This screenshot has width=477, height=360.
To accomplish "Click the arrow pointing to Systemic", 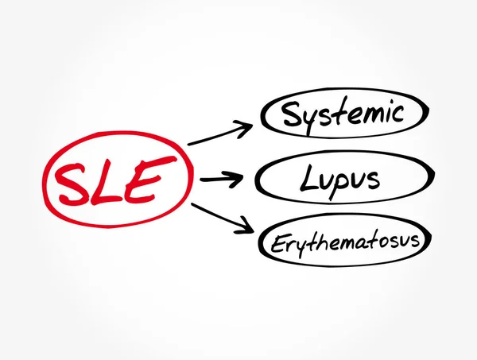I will point(219,134).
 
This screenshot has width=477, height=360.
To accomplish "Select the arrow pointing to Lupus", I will point(223,180).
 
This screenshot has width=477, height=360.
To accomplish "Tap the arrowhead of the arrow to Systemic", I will point(247,124).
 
